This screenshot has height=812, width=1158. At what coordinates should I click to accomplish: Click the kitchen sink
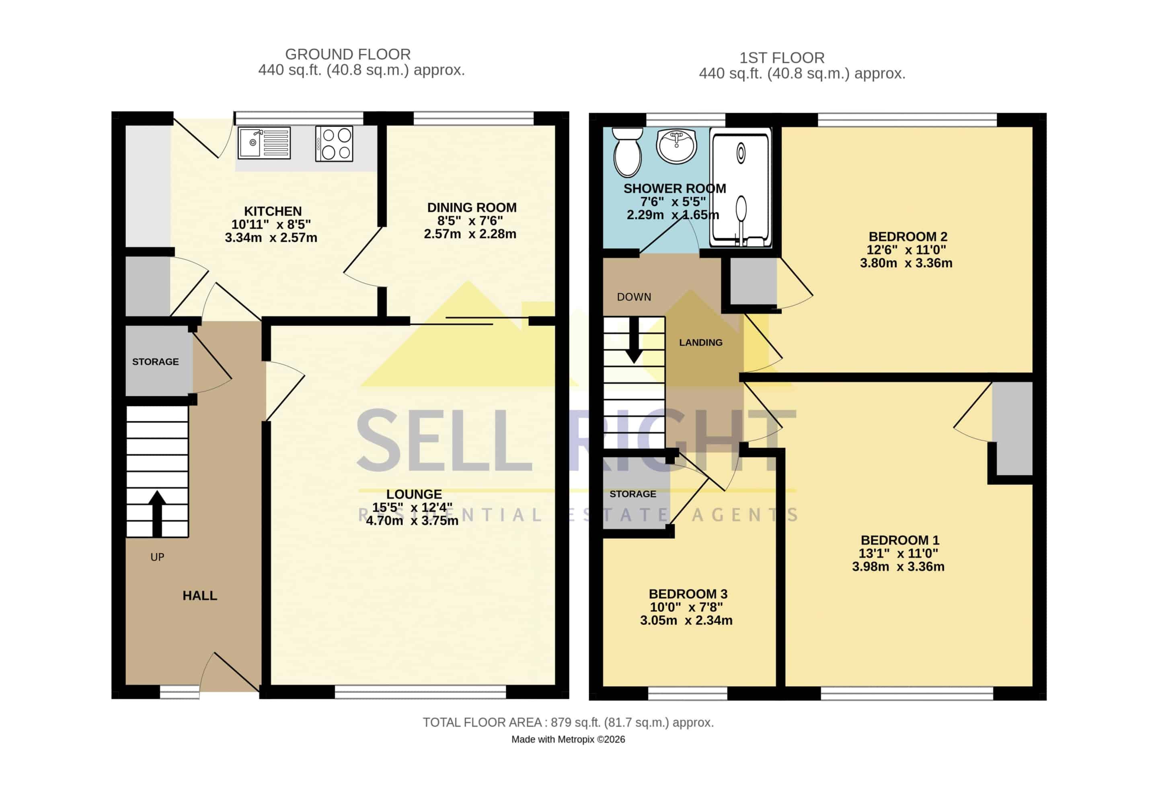click(x=264, y=143)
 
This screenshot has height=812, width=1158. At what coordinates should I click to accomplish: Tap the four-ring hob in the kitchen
click(x=334, y=143)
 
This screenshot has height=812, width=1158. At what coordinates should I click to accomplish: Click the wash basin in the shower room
click(x=676, y=146)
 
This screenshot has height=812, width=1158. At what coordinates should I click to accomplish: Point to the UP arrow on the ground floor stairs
click(x=157, y=513)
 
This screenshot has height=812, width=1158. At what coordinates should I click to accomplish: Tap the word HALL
click(x=200, y=596)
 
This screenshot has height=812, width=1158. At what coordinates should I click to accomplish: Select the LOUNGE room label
click(x=414, y=494)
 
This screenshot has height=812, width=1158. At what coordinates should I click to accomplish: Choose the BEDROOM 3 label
click(x=688, y=594)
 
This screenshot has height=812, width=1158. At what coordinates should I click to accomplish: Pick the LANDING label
click(x=700, y=343)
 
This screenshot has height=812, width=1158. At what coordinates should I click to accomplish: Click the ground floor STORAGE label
click(x=155, y=362)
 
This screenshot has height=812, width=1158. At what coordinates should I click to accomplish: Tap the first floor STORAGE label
click(x=632, y=494)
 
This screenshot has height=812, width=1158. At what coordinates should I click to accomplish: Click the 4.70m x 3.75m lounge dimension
click(x=412, y=520)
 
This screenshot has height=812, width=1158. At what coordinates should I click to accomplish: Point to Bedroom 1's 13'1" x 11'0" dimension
click(x=898, y=553)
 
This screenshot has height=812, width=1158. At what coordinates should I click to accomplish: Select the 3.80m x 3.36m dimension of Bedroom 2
click(x=906, y=263)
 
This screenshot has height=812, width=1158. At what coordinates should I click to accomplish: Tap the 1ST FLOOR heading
click(x=782, y=58)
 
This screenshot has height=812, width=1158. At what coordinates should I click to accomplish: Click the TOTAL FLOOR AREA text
click(x=568, y=723)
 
